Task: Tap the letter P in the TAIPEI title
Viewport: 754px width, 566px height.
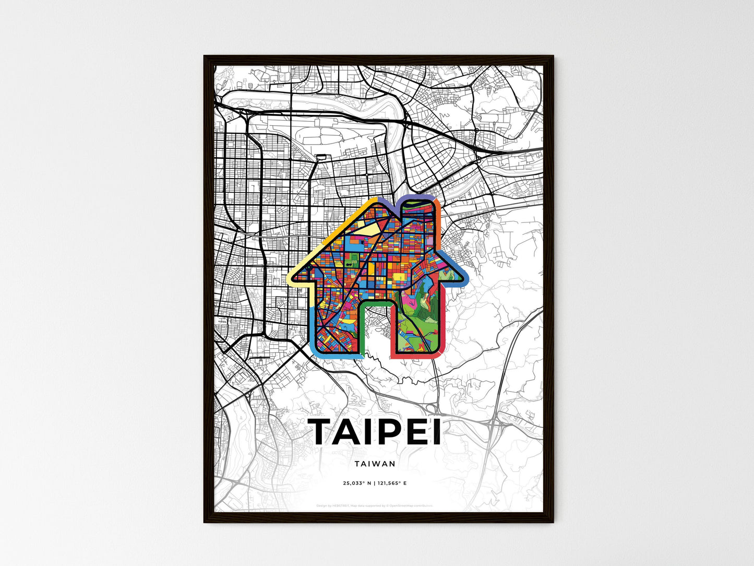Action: click(x=389, y=432)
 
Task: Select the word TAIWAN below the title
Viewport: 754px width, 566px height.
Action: click(x=374, y=463)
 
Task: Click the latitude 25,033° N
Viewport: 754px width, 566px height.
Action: click(x=357, y=483)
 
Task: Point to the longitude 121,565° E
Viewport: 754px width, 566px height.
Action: click(x=392, y=483)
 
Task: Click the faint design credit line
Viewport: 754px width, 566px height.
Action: click(x=374, y=505)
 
